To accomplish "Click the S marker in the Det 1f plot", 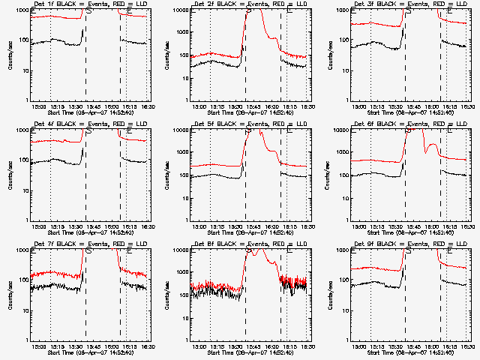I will pyautogui.click(x=89, y=12).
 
